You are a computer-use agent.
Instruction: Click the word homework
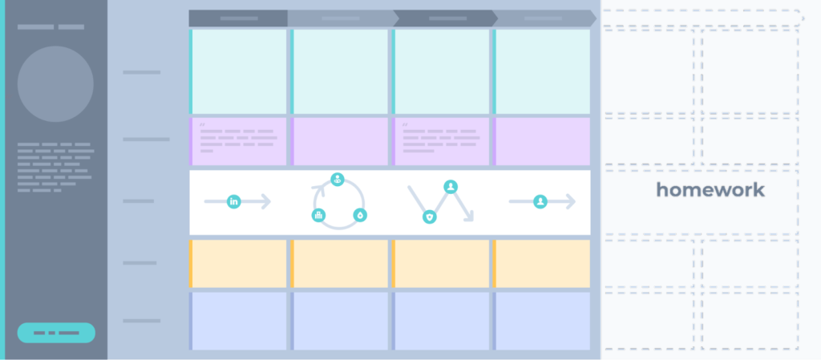710,190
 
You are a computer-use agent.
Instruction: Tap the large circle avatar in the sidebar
55,83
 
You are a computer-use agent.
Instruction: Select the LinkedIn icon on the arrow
234,201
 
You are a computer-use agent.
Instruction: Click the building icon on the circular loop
318,215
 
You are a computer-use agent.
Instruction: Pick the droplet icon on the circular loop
360,215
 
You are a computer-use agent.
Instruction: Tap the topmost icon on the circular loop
338,180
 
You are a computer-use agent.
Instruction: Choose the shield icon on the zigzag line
430,216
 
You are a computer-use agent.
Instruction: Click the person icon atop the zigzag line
451,187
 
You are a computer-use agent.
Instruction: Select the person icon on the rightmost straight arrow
540,201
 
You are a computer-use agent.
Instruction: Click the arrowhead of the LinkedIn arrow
266,201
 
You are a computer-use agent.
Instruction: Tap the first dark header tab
238,18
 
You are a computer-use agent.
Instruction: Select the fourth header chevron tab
544,18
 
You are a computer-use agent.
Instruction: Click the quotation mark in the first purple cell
202,124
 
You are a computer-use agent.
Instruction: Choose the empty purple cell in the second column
339,141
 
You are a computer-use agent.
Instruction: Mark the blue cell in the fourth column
541,321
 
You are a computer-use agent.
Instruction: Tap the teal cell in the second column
339,71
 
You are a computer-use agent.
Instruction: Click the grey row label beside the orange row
140,263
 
